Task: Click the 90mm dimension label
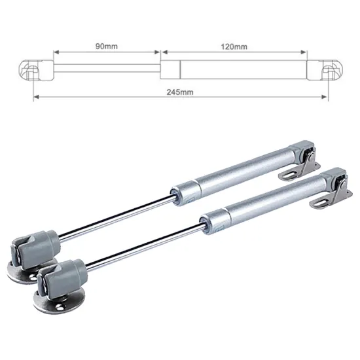pos(107,46)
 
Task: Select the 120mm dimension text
pos(234,46)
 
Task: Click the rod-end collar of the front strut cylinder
pos(211,217)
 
